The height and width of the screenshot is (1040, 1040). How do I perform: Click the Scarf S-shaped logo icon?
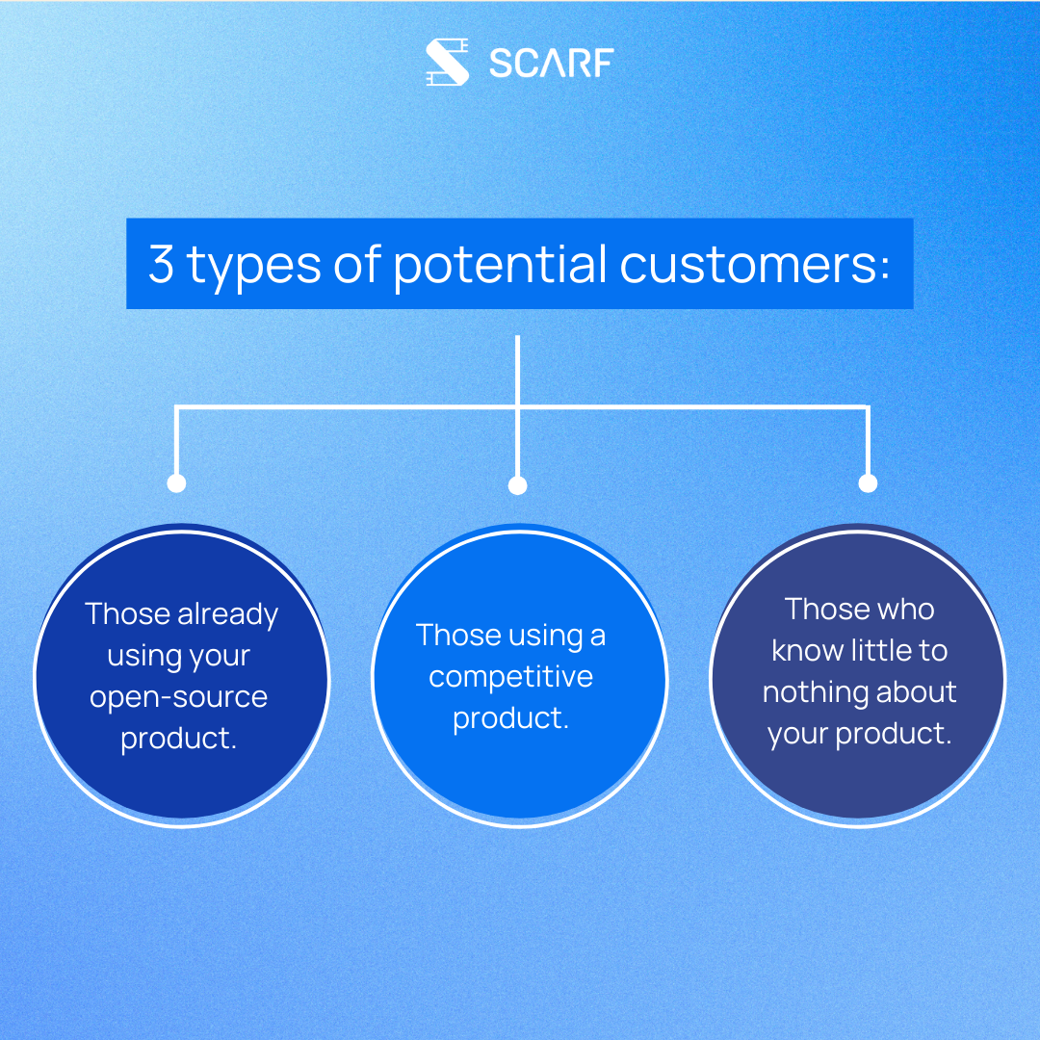pos(447,63)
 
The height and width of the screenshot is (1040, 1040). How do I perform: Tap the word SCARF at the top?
pos(551,64)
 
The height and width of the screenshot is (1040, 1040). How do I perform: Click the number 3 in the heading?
pos(161,264)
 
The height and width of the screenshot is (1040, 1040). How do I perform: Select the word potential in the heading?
pos(501,264)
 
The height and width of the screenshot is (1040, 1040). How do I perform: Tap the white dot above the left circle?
pos(176,483)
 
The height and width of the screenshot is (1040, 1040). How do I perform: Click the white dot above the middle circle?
pos(518,485)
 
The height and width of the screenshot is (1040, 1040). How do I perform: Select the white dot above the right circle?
pos(868,483)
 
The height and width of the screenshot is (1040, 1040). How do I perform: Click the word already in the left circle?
pos(228,614)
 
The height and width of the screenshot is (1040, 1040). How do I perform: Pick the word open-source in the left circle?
pos(179,698)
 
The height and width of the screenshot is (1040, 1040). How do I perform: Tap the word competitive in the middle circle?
pos(510,677)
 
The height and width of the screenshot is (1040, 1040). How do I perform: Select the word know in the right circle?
pos(807,651)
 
